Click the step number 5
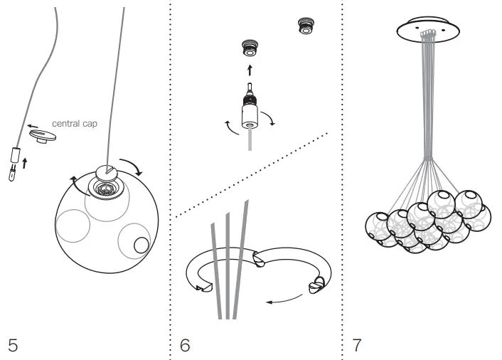[13, 346]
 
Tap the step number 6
[185, 346]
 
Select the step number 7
[356, 346]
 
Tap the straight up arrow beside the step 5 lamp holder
[26, 162]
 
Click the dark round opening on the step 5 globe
[141, 245]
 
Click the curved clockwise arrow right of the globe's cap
[132, 169]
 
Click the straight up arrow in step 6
[249, 70]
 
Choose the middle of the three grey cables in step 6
[227, 270]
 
